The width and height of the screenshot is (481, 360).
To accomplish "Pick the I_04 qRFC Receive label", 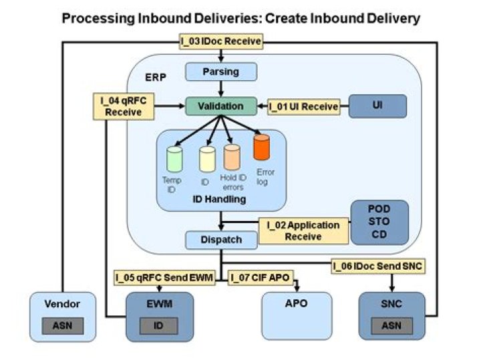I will pos(118,106).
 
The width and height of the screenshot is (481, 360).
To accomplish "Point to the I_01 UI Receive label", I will pos(304,106).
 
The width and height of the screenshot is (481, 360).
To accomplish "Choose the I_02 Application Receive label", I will pos(303,230).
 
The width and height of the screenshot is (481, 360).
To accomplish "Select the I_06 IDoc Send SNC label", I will pos(377,266).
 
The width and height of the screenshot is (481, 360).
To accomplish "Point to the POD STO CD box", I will pos(379,222).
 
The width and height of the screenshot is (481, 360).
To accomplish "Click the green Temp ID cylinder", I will pos(174,160).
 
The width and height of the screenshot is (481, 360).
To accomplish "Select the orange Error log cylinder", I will pos(262,146).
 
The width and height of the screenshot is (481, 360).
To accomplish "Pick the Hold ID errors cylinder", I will pos(232,157).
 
